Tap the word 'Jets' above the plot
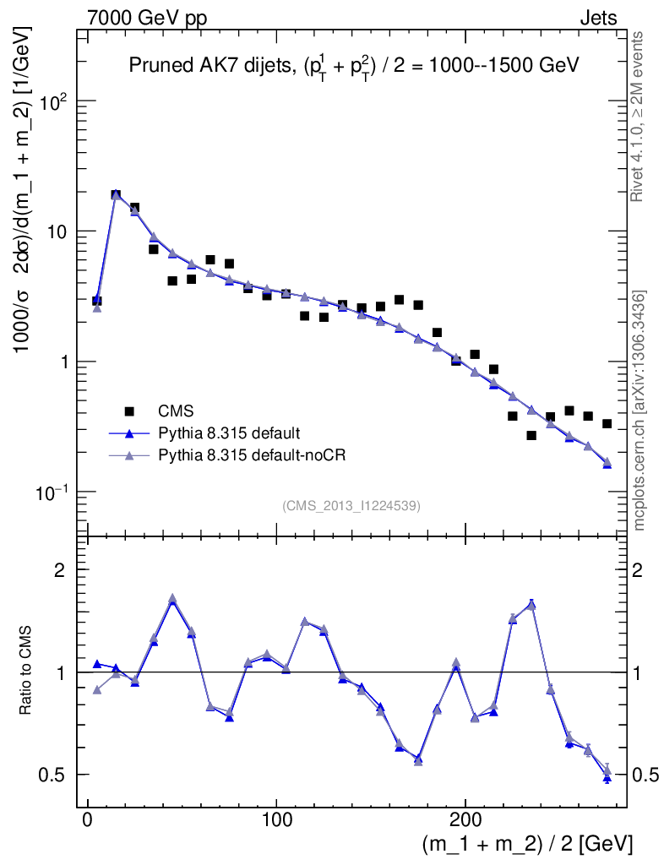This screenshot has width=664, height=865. pos(597,18)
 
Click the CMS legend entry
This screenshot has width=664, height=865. pos(177,411)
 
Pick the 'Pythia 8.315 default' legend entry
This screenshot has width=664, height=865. pos(229,433)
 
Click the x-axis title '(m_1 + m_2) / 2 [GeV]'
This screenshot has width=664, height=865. pos(526,844)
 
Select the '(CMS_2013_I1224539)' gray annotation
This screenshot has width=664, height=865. pos(351,505)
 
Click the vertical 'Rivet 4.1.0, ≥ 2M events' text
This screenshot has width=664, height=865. pos(639,116)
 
